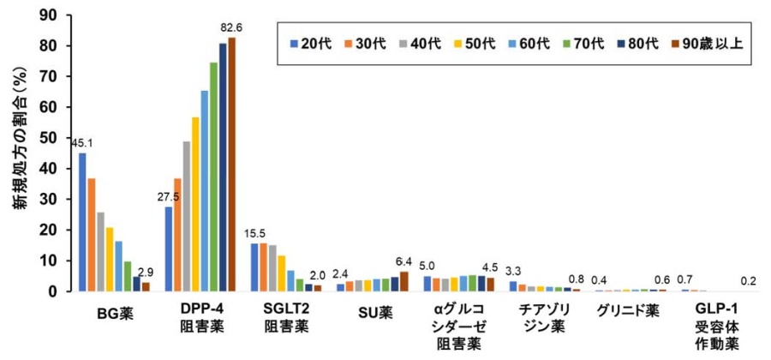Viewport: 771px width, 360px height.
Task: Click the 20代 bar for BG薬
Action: [83, 222]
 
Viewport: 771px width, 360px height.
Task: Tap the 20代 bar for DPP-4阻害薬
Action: [169, 249]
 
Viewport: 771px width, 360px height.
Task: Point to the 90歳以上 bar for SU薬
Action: [404, 281]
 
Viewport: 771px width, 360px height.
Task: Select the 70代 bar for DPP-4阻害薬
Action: [213, 177]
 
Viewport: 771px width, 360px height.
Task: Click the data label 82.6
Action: [231, 29]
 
